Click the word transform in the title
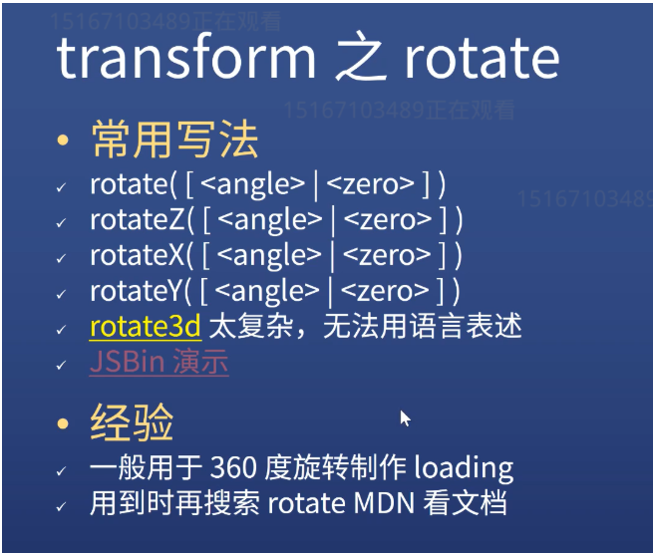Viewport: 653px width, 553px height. coord(186,58)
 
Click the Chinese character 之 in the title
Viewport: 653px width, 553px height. coord(359,57)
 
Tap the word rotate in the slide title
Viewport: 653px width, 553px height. coord(482,58)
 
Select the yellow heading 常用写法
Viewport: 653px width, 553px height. coord(174,138)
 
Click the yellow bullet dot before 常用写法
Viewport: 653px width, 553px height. coord(63,139)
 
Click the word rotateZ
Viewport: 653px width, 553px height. coord(138,219)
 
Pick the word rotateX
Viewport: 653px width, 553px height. coord(137,255)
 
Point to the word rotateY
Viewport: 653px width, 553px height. coord(137,291)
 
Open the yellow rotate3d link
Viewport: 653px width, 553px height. coord(146,327)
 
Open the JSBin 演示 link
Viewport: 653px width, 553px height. coord(160,362)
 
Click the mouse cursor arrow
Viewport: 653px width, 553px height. coord(405,418)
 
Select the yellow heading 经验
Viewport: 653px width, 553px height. coord(132,422)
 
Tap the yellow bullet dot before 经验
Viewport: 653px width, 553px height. coord(63,423)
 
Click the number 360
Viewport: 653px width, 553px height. coord(233,467)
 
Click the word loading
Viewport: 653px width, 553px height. coord(464,468)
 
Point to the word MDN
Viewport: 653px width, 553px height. coord(384,503)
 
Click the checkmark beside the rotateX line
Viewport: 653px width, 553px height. coord(61,258)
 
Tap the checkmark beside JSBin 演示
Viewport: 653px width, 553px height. coord(61,365)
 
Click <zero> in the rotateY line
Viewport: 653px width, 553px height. coord(385,291)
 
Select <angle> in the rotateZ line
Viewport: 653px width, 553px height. coord(270,220)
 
